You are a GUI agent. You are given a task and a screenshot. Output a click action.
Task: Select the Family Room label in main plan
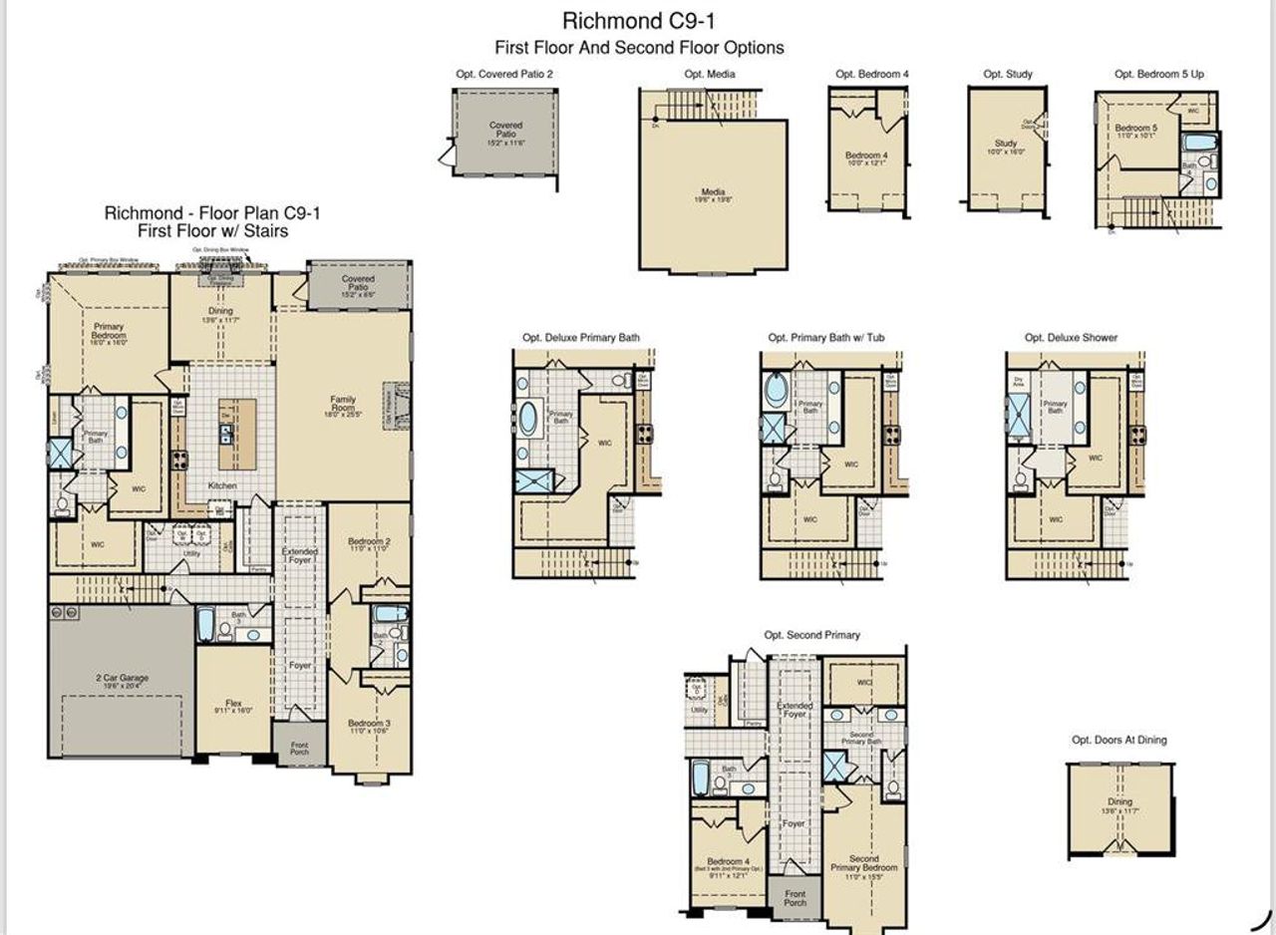pos(343,404)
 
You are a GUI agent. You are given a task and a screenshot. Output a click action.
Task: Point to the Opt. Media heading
pos(708,74)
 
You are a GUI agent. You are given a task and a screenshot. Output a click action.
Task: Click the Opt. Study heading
pos(1007,74)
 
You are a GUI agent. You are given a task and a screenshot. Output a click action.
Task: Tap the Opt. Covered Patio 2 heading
pos(503,74)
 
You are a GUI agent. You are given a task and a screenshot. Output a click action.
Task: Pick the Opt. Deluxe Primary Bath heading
pos(581,338)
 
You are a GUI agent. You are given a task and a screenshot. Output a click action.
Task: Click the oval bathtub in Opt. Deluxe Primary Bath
pos(528,418)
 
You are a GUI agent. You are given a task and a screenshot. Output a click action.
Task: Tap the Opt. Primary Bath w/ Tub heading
pos(825,338)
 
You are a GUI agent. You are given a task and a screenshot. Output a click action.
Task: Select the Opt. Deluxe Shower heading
pos(1071,338)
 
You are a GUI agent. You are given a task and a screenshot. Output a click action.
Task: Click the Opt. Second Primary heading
pos(811,635)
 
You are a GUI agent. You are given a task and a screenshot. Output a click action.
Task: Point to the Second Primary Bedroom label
pos(863,862)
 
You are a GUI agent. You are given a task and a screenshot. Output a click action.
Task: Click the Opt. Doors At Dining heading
pos(1118,740)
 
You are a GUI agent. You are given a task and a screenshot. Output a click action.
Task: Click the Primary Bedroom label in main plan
pos(109,333)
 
